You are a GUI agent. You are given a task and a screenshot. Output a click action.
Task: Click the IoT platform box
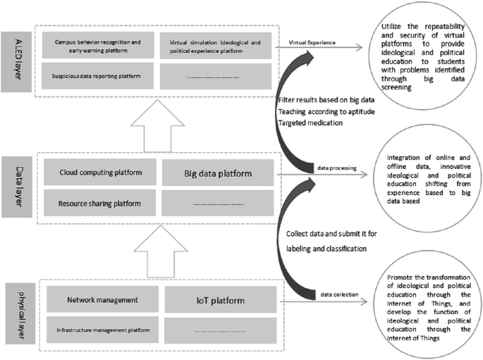click(219, 301)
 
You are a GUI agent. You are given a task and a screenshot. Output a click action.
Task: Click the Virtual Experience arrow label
click(312, 44)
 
